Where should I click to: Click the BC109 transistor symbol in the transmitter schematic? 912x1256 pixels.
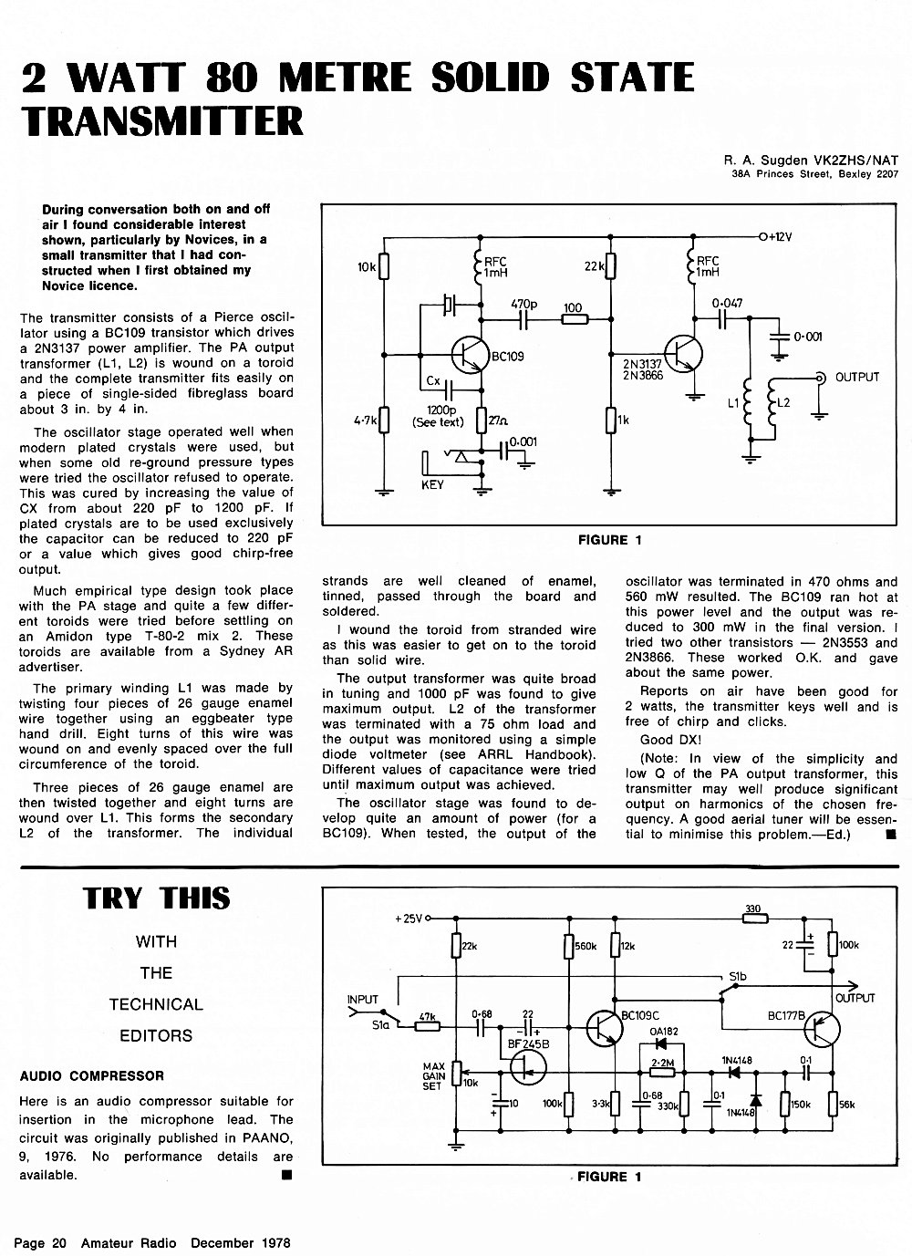click(471, 355)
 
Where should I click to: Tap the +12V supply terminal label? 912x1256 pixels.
click(781, 236)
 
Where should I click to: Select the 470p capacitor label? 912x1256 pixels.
click(524, 305)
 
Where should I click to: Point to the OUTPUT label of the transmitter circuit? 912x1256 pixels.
click(857, 378)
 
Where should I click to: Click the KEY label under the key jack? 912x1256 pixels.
click(432, 484)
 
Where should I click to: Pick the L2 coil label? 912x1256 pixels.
click(783, 402)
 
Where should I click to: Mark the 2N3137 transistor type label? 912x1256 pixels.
click(642, 365)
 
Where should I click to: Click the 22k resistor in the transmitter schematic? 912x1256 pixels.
click(611, 265)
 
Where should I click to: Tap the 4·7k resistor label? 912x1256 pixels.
click(366, 420)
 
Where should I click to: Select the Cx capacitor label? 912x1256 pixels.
click(433, 380)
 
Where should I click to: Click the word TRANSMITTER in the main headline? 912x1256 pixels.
click(162, 120)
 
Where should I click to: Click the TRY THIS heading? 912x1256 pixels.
click(156, 898)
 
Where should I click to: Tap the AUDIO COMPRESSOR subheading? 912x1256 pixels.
click(92, 1076)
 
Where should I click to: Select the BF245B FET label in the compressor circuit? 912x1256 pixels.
click(528, 1044)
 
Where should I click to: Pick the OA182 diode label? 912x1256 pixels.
click(664, 1032)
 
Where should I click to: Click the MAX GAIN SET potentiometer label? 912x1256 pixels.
click(434, 1076)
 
